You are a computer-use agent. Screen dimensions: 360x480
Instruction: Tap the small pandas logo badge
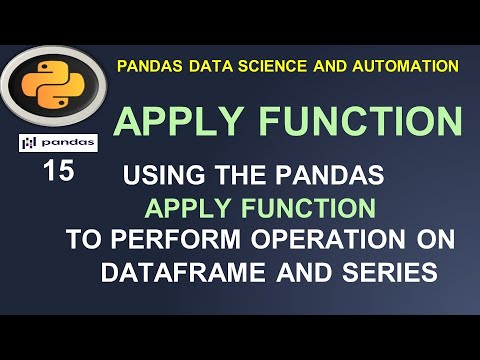(x=58, y=142)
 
